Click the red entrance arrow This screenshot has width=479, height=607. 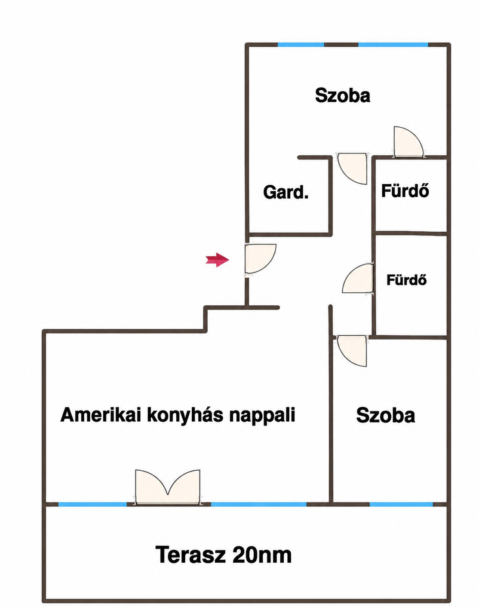pos(217,260)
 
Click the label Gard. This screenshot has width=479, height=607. pos(286,192)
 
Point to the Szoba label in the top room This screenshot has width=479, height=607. pos(342,95)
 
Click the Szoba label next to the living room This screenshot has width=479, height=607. pos(385,415)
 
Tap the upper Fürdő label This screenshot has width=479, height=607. pos(405,190)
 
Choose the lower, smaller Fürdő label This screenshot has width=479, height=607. pos(406,280)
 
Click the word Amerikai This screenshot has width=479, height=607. pos(101,415)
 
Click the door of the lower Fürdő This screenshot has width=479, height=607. pos(358,279)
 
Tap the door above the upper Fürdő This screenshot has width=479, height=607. pos(409,141)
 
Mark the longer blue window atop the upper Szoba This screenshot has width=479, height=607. pos(393,45)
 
